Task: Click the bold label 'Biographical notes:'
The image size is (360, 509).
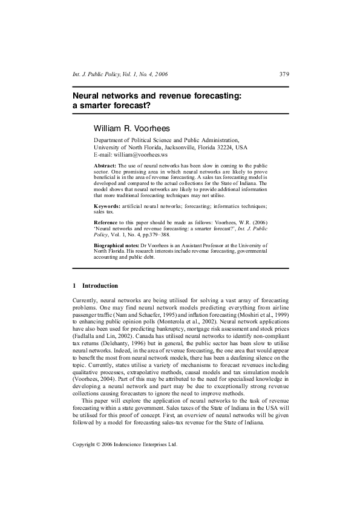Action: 117,245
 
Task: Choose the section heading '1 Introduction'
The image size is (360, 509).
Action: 95,285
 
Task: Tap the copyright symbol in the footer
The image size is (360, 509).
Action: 102,477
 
